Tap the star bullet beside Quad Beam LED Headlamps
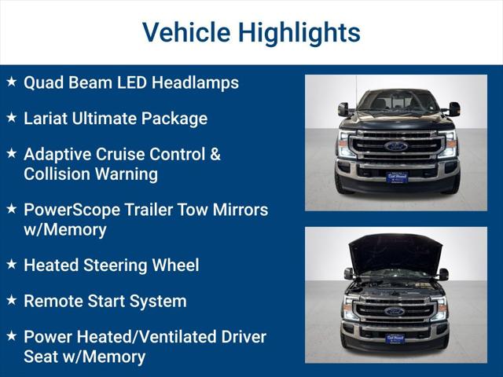(x=11, y=82)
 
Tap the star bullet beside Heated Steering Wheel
(x=11, y=265)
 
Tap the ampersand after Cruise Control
(x=215, y=154)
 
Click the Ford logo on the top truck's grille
(x=395, y=146)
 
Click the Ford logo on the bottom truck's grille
(x=395, y=311)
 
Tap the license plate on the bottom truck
(x=395, y=339)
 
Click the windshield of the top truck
(x=397, y=101)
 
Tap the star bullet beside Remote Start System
(x=11, y=300)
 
